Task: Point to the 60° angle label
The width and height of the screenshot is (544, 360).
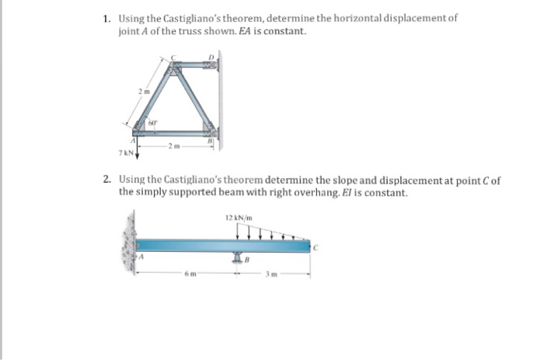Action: tap(152, 124)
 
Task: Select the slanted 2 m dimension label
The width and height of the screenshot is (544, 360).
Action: tap(143, 92)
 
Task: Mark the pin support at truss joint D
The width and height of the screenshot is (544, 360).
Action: tap(211, 68)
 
